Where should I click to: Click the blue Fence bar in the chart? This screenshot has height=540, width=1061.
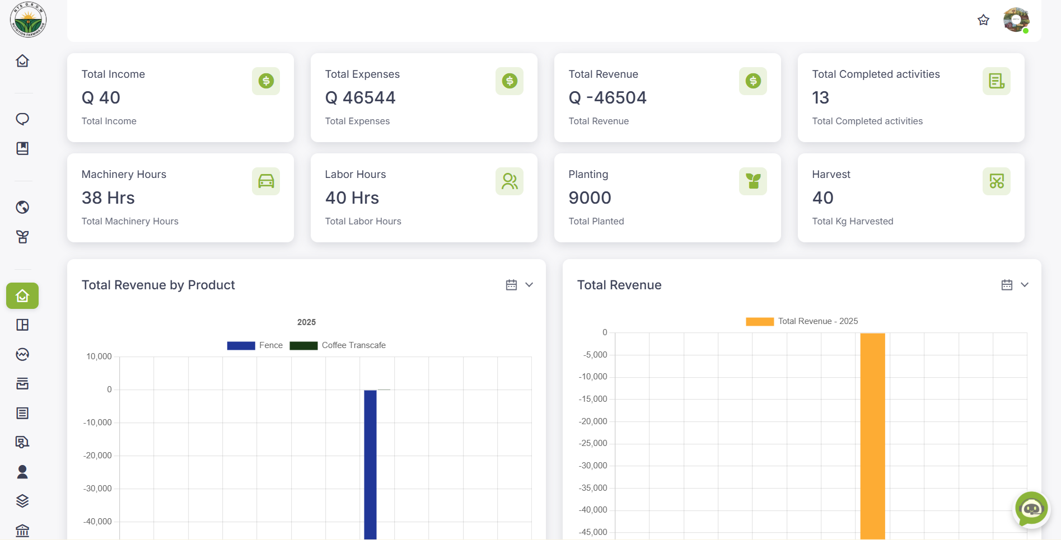[x=370, y=464]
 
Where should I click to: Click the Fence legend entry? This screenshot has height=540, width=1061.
[x=255, y=345]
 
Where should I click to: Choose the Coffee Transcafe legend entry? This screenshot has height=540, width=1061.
[x=338, y=345]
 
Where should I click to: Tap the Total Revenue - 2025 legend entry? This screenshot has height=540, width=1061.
[x=802, y=321]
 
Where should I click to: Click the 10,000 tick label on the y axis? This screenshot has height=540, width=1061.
[x=99, y=356]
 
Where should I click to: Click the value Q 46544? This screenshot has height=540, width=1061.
[x=360, y=98]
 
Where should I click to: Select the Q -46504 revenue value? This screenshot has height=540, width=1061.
[x=607, y=98]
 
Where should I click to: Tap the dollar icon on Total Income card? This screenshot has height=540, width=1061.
[x=266, y=81]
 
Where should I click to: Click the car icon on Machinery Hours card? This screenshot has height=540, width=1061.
[x=266, y=181]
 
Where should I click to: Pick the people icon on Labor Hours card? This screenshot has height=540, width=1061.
[x=510, y=181]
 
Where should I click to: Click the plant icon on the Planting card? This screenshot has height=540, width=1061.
[x=753, y=181]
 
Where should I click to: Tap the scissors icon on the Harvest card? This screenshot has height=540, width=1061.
[x=997, y=181]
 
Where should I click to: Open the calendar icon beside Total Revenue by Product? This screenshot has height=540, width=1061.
[x=511, y=285]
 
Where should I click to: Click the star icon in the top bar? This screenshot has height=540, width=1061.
[x=983, y=20]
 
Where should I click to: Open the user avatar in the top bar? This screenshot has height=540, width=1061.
[x=1016, y=20]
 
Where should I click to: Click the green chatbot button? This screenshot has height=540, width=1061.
[x=1031, y=509]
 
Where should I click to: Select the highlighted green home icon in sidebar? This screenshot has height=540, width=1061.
[x=22, y=295]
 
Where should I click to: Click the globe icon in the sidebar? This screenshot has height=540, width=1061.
[x=22, y=207]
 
